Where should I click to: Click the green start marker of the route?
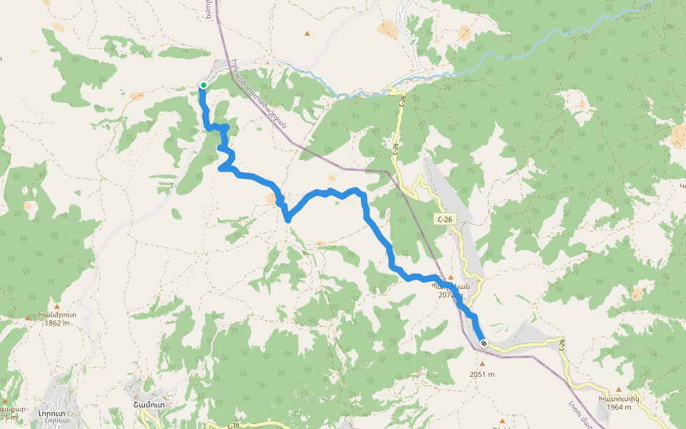203,85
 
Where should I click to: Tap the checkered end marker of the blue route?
484,343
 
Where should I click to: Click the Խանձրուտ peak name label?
57,314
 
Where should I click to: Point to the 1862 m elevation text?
57,322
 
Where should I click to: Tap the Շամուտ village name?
149,405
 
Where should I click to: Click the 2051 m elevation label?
482,373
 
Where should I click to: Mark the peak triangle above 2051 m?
482,364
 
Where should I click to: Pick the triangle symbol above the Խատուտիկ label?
618,389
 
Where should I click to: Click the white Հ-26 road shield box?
445,219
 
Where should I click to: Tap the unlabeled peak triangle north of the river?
307,33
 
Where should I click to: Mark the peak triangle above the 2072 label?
450,277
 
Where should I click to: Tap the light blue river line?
500,57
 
